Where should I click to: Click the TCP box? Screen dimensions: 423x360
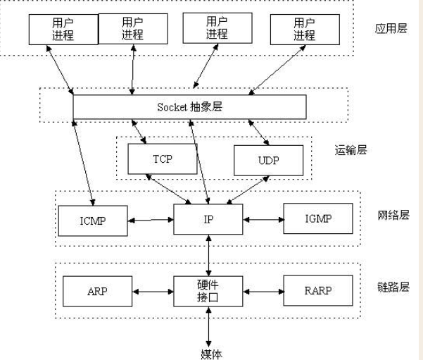pos(163,159)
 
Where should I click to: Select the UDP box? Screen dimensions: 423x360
pos(268,161)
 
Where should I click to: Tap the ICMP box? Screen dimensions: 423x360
pos(93,221)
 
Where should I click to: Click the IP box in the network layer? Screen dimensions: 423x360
pos(208,219)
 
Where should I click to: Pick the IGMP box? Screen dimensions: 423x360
pos(318,218)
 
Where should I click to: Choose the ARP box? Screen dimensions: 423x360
pos(97,291)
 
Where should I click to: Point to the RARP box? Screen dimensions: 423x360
pos(318,290)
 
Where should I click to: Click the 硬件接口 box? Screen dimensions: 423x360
pos(208,291)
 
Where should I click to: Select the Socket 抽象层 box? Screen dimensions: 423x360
pos(189,107)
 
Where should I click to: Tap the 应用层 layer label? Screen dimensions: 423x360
pos(391,28)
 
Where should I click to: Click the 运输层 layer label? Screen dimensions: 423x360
pos(351,150)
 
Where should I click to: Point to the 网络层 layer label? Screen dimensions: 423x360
pos(393,216)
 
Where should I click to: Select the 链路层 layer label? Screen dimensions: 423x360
pos(393,287)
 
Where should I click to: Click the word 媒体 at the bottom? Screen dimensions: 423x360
pos(211,354)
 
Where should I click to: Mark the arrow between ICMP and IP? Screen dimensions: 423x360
pos(151,220)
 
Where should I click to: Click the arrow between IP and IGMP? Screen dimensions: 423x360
pos(263,220)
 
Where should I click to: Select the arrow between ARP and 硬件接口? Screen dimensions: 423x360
pos(153,292)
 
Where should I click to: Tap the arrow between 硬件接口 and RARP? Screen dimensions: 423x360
pos(263,292)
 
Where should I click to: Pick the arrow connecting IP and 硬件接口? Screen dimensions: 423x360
pos(208,255)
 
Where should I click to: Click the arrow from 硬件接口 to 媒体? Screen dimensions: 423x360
pos(208,328)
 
